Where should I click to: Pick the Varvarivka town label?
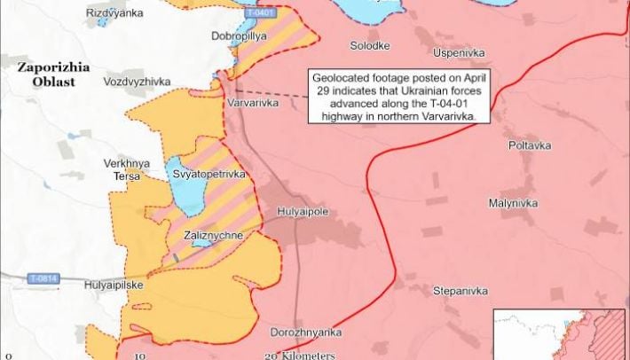pyautogui.click(x=253, y=104)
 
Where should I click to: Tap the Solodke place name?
pyautogui.click(x=370, y=45)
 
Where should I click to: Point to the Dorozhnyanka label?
pyautogui.click(x=307, y=333)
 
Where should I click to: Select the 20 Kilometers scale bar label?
pyautogui.click(x=301, y=354)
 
